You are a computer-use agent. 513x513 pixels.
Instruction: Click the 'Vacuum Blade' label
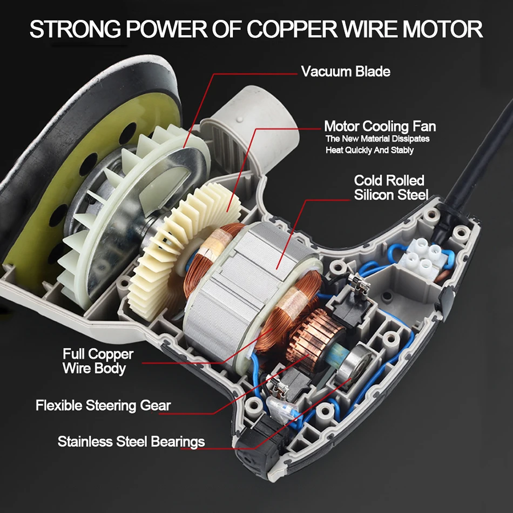pyautogui.click(x=345, y=71)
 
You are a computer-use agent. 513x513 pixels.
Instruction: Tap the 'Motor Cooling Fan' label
pyautogui.click(x=380, y=127)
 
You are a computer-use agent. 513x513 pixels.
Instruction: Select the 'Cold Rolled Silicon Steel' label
pyautogui.click(x=390, y=187)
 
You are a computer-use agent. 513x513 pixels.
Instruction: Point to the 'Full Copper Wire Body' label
pyautogui.click(x=98, y=361)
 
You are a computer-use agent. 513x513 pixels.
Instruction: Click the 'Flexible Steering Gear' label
pyautogui.click(x=103, y=404)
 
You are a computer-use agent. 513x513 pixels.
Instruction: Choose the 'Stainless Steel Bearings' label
pyautogui.click(x=131, y=441)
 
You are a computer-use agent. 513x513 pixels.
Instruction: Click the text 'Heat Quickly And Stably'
pyautogui.click(x=369, y=150)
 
